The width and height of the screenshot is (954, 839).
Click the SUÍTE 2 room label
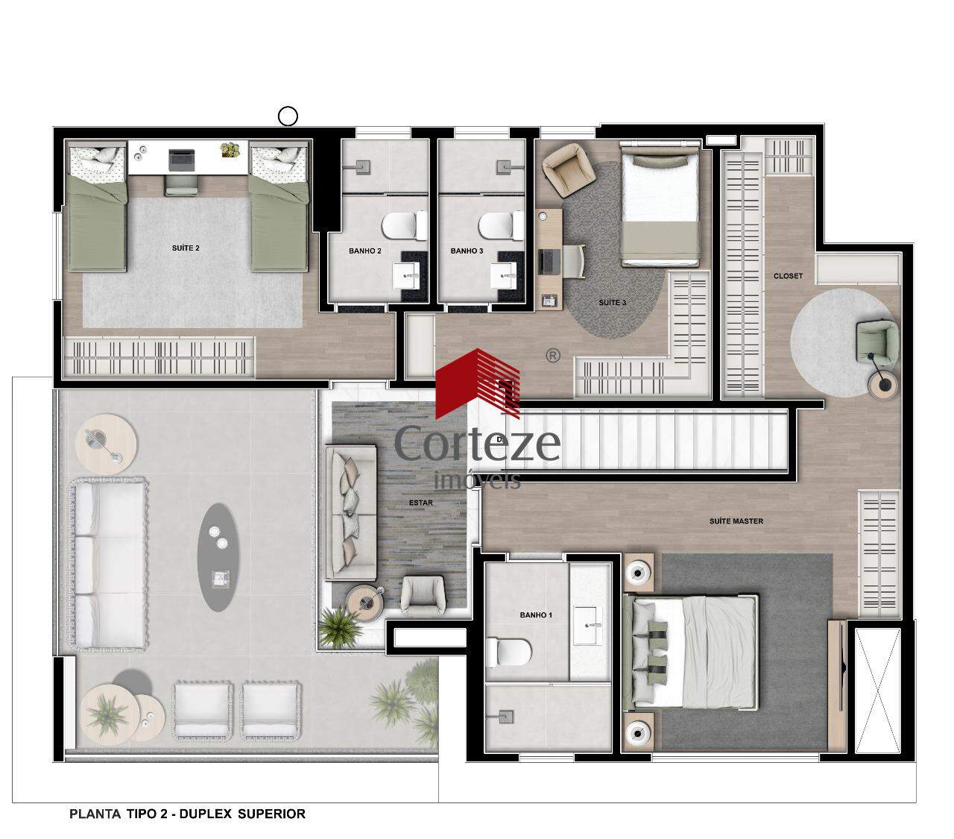pos(186,248)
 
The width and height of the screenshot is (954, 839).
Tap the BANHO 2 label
pos(365,251)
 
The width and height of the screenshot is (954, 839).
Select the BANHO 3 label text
pos(467,251)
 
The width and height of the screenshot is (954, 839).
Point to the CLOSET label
pos(788,276)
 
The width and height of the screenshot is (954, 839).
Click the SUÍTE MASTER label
pos(736,521)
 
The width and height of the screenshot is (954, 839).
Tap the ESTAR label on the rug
pos(420,503)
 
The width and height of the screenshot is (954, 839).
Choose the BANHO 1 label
pos(536,615)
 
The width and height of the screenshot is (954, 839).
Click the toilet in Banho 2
pos(404,225)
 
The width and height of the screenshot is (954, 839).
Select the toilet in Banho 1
pos(508,652)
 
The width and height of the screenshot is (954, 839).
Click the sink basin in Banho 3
pos(503,276)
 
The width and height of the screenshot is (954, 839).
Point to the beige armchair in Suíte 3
pos(569,169)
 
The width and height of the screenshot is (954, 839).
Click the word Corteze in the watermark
pos(477,443)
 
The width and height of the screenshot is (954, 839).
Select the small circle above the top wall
pos(288,116)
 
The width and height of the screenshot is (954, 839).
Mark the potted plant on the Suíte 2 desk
pos(230,149)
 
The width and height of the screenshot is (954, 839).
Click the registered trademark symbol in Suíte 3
pos(553,356)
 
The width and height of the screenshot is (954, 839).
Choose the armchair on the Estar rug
pos(423,594)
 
